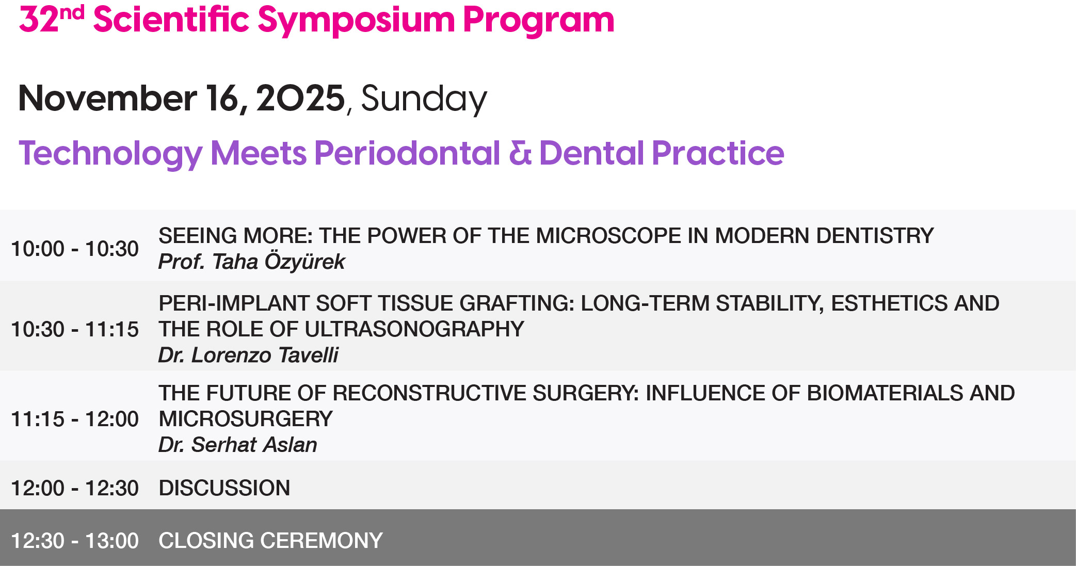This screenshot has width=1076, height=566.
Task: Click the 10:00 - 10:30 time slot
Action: (75, 249)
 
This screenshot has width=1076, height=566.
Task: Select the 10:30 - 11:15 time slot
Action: (75, 329)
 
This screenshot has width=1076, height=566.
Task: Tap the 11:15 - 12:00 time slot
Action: (75, 419)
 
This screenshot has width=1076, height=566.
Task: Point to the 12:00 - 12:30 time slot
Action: (75, 488)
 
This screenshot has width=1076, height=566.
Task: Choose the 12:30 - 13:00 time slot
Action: (75, 541)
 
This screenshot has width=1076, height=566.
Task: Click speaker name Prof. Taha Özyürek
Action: (251, 262)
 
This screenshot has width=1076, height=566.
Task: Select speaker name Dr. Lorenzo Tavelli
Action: (248, 355)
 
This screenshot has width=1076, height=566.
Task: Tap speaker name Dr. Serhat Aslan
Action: (237, 445)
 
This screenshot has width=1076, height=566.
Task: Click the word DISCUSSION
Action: (224, 488)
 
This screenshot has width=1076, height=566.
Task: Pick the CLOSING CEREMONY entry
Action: (270, 541)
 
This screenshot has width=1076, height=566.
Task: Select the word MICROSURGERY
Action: (246, 419)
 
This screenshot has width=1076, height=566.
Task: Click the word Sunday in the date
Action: (424, 99)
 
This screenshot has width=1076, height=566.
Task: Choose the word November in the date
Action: (107, 98)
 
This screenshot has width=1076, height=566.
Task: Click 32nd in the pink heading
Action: (52, 20)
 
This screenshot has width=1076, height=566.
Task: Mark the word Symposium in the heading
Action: (356, 22)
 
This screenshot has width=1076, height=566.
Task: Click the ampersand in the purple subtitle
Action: (520, 153)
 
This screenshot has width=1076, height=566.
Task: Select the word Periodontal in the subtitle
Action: (407, 153)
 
